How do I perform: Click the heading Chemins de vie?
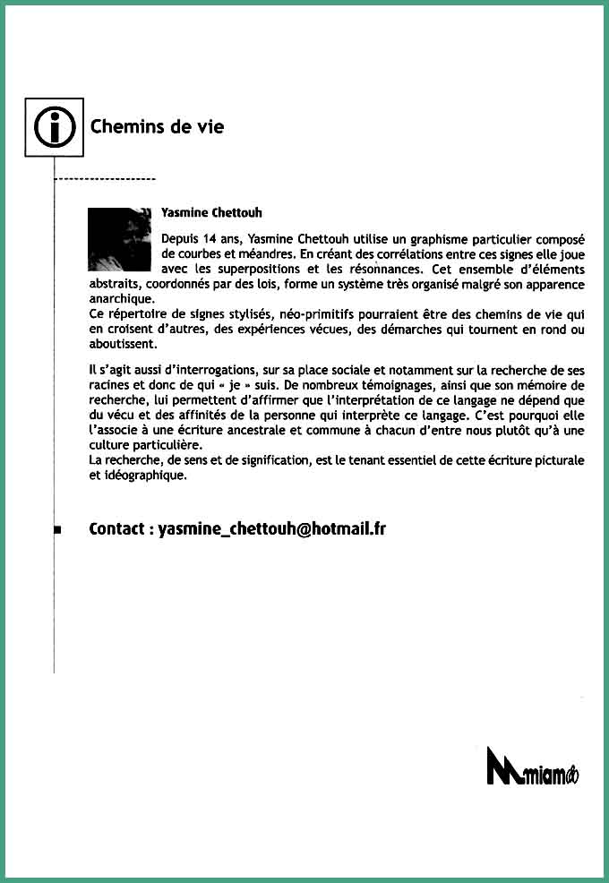(x=157, y=126)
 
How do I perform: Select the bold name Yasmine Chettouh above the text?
(x=211, y=212)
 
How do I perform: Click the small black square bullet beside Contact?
(x=56, y=530)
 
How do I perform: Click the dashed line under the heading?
(x=106, y=180)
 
